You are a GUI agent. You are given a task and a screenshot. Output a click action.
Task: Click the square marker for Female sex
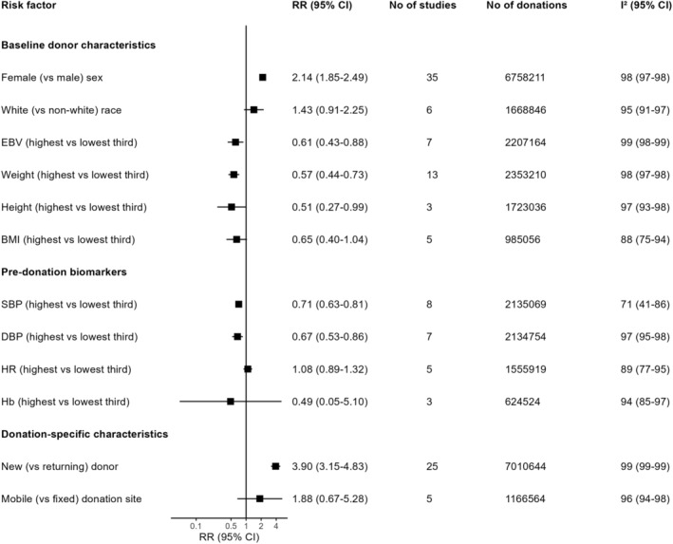point(263,77)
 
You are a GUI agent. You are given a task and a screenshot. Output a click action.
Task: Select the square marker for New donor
point(275,466)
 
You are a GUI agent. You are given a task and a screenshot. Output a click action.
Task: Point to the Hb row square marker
point(231,402)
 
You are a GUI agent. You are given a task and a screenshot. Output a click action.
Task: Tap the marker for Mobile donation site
point(260,498)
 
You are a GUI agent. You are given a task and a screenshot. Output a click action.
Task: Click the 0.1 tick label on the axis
point(196,526)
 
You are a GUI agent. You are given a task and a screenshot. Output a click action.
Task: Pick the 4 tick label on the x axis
point(276,526)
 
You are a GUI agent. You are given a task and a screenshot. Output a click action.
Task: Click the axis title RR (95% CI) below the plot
point(229,537)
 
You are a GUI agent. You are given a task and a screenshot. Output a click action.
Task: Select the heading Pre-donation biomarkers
point(64,272)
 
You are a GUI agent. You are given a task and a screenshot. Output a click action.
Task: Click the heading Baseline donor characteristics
point(78,45)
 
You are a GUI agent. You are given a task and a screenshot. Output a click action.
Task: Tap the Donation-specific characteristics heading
point(84,434)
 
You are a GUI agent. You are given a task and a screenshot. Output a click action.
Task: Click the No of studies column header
point(422,6)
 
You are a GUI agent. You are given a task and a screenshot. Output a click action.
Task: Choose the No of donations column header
point(527,6)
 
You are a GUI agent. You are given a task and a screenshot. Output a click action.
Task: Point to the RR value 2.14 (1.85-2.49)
point(329,78)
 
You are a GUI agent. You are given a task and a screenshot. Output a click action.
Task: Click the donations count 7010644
point(525,467)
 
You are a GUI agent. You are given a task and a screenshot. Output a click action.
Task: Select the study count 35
point(432,78)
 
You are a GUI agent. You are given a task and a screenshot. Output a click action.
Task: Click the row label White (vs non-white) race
point(62,110)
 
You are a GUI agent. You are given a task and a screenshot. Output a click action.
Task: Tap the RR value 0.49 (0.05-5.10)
point(329,402)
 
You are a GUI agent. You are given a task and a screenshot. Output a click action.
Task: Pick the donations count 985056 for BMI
point(522,239)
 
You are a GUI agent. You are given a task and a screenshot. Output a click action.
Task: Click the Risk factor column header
point(28,6)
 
